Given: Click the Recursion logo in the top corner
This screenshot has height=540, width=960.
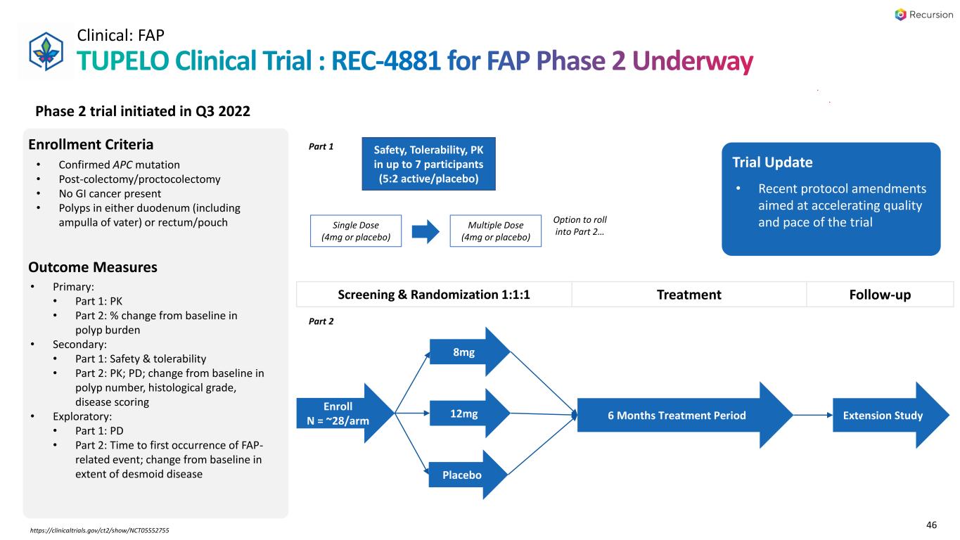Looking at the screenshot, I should point(923,14).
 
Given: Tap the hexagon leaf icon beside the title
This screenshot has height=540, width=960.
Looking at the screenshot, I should point(44,51).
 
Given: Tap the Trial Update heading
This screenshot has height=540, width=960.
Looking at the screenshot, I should point(773,162).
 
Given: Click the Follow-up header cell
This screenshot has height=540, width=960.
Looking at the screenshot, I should point(881,295).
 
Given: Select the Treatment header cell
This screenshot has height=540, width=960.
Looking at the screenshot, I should point(689,295).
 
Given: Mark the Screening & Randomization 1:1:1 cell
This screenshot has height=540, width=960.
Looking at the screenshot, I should point(434,295).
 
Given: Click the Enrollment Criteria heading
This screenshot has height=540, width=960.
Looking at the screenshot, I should point(91,145).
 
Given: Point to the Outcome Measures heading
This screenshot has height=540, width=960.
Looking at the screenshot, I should point(92,267).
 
